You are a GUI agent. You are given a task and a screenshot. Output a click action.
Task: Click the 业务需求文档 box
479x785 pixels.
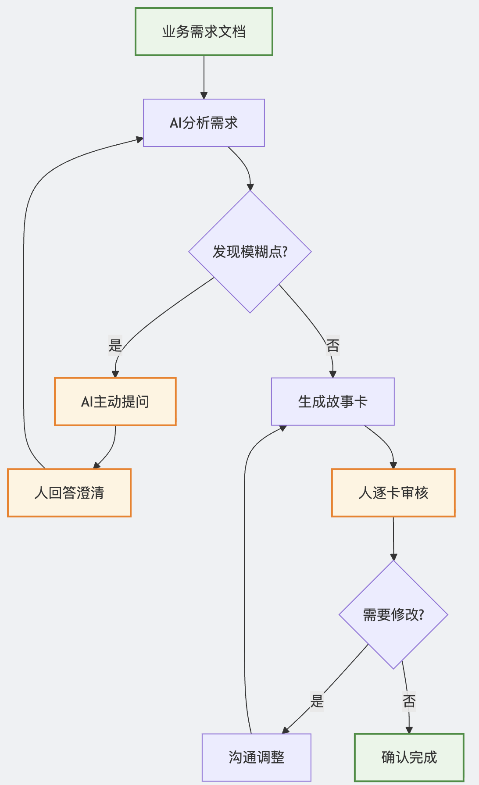pyautogui.click(x=204, y=32)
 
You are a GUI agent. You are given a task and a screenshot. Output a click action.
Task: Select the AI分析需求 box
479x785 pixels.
pyautogui.click(x=204, y=123)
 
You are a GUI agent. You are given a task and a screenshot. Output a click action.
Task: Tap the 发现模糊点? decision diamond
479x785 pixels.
pyautogui.click(x=250, y=252)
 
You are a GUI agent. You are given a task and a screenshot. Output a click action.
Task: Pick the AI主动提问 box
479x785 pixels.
pyautogui.click(x=115, y=402)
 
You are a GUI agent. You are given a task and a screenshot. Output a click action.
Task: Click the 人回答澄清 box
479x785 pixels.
pyautogui.click(x=69, y=493)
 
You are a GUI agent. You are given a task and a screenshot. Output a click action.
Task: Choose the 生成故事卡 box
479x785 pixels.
pyautogui.click(x=333, y=402)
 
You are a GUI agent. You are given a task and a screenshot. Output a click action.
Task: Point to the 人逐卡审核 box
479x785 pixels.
pyautogui.click(x=393, y=493)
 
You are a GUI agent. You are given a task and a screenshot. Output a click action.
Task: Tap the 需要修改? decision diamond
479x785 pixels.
pyautogui.click(x=393, y=615)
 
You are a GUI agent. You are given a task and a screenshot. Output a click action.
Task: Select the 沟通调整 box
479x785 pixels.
pyautogui.click(x=257, y=757)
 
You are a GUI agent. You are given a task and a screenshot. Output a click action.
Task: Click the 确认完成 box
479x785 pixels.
pyautogui.click(x=409, y=757)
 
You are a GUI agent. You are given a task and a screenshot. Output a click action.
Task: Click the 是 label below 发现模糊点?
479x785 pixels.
pyautogui.click(x=115, y=346)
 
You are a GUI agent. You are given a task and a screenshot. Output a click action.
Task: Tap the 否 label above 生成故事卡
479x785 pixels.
pyautogui.click(x=333, y=346)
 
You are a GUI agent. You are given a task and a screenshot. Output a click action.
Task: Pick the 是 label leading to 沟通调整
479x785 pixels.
pyautogui.click(x=317, y=701)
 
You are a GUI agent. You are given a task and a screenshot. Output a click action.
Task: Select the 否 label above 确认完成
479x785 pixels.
pyautogui.click(x=409, y=701)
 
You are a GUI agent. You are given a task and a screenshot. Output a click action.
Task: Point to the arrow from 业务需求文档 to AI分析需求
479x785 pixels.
pyautogui.click(x=204, y=77)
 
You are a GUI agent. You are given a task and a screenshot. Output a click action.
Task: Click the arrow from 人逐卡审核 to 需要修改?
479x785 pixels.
pyautogui.click(x=393, y=539)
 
